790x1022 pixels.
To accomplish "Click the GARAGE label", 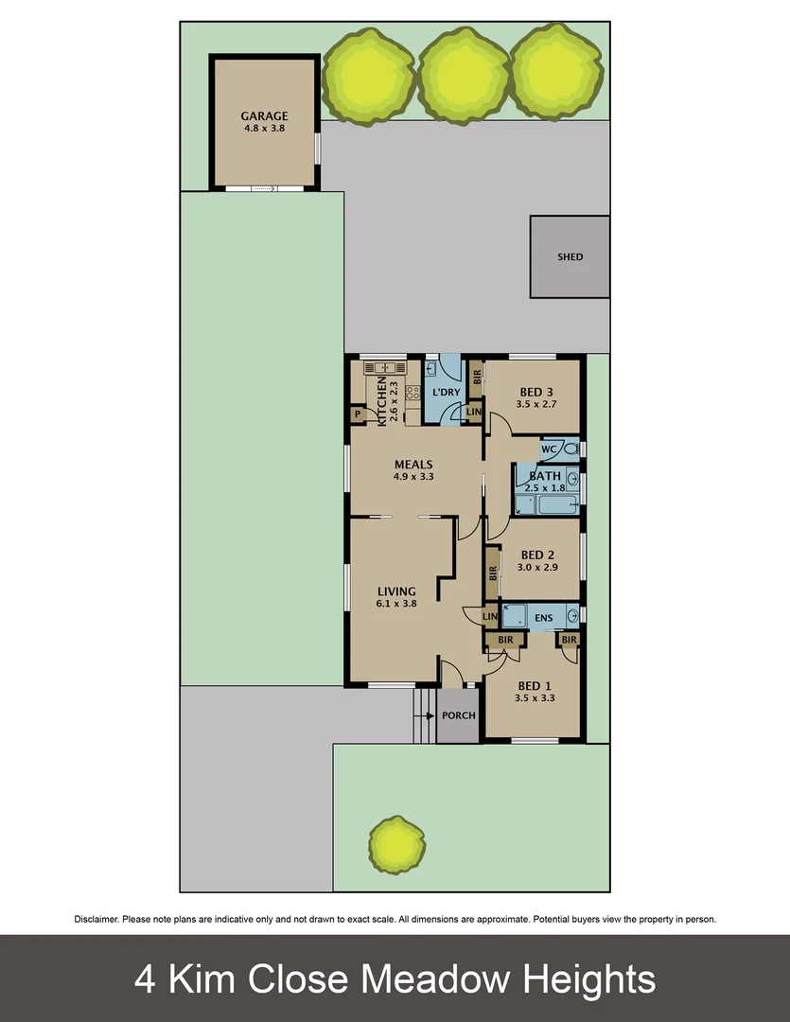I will tap(264, 117).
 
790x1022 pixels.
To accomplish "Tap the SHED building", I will tap(570, 256).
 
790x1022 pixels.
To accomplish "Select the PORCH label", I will tap(459, 715).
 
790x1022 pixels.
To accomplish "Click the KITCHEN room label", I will tap(382, 402).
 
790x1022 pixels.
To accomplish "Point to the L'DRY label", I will tap(445, 391).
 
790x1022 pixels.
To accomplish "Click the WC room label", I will tap(547, 449).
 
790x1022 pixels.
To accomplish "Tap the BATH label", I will tap(545, 476).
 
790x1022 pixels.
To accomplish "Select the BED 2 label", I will tap(535, 555).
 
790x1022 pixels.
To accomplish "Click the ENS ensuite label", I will tap(543, 619).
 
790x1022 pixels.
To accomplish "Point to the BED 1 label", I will tap(534, 686).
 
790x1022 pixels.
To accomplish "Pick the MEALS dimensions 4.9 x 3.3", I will tap(413, 477).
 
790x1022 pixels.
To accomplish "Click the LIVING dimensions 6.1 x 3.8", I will tap(395, 604).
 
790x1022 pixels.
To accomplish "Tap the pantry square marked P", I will tap(358, 414).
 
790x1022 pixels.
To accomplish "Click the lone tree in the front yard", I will tap(396, 845).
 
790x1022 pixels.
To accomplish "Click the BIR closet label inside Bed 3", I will tap(477, 376).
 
